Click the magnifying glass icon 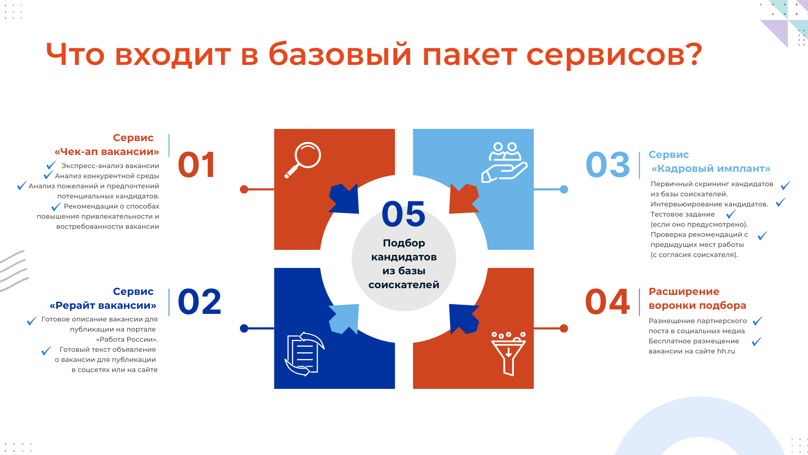pos(303,160)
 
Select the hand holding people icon pos(504,162)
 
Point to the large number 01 pos(197,165)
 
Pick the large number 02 pos(199,302)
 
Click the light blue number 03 pos(608,165)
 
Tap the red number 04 pos(607,302)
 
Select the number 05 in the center pos(404,214)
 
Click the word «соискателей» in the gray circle pos(404,285)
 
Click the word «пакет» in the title pos(469,55)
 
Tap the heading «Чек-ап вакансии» pos(107,152)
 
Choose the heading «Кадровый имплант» pos(711,169)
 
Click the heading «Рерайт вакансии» pos(103,305)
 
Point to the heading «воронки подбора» pos(697,305)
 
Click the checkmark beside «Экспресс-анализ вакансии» pos(51,165)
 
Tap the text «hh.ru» pos(726,351)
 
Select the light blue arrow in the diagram pos(344,318)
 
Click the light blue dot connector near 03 pos(564,190)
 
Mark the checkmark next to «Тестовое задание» pos(731,214)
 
